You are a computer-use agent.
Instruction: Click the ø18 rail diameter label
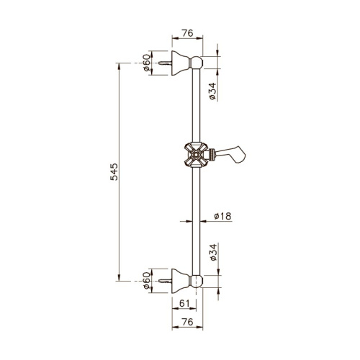(223, 216)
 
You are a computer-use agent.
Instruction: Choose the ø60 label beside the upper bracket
(147, 64)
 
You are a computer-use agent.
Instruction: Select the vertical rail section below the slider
(197, 216)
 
